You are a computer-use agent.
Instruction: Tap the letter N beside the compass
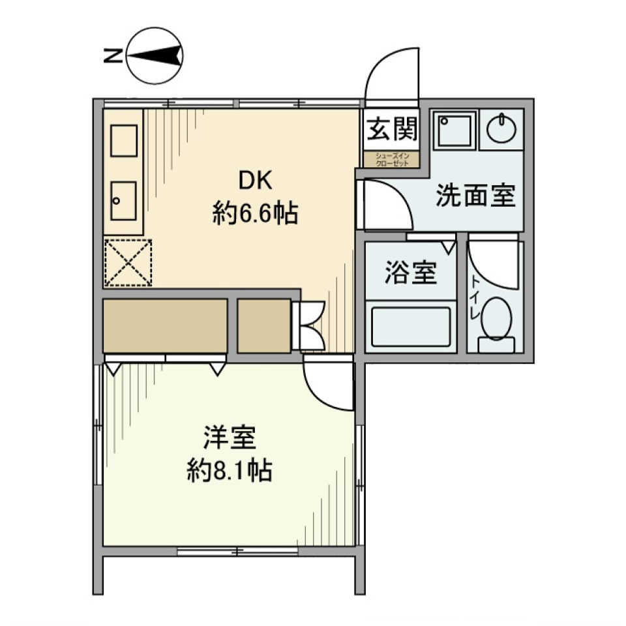[112, 57]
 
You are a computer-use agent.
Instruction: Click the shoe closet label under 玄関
[391, 160]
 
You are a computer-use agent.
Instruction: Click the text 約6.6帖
[255, 213]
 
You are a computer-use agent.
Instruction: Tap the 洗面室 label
[476, 195]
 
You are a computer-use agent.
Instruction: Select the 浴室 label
[410, 273]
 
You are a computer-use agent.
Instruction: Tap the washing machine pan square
[455, 130]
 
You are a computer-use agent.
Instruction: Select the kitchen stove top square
[123, 140]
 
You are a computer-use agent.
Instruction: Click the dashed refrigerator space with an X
[128, 262]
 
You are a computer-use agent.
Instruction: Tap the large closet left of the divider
[166, 325]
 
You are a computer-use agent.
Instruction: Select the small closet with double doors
[263, 325]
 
